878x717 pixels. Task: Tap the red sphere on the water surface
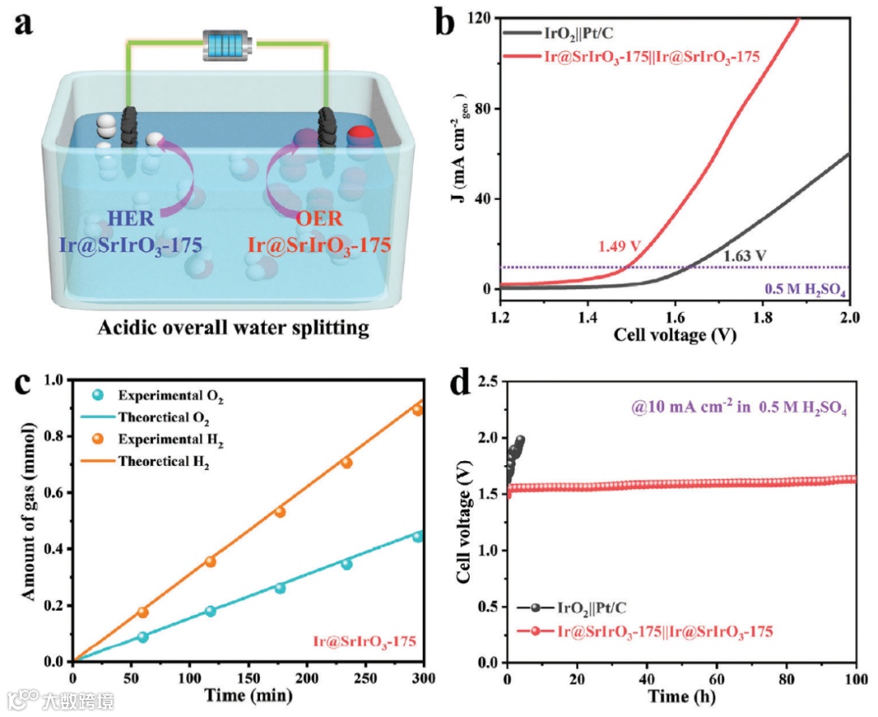(360, 135)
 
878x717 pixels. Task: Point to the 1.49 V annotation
(619, 247)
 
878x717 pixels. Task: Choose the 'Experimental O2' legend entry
(170, 397)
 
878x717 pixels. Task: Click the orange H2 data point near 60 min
(143, 612)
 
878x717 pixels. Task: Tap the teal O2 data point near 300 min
(418, 536)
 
